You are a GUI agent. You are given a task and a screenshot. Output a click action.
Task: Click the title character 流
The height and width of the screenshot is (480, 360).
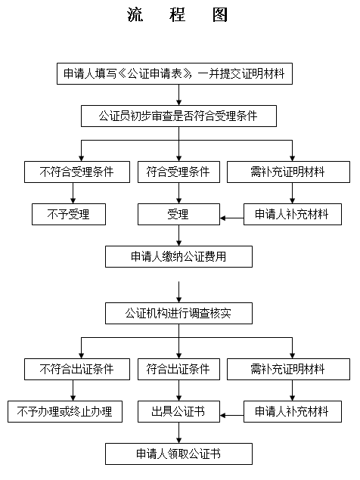tap(135, 14)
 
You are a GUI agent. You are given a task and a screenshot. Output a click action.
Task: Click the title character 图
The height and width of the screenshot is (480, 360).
tap(220, 14)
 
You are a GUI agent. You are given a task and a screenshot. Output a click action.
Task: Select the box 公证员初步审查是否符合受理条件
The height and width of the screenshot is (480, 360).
tap(178, 116)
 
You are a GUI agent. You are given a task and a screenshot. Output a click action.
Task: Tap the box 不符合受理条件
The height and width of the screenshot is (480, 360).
tap(77, 172)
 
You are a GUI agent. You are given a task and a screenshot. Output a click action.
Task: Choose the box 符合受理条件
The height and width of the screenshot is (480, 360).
tap(178, 172)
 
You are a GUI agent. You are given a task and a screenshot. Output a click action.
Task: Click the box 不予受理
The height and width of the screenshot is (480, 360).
tap(69, 214)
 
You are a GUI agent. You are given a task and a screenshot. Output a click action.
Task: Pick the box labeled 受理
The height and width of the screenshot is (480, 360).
tap(178, 214)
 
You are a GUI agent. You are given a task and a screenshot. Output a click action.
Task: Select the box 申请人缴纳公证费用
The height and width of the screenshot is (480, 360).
tap(178, 256)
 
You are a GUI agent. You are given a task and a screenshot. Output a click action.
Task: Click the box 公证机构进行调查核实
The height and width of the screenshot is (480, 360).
tap(178, 314)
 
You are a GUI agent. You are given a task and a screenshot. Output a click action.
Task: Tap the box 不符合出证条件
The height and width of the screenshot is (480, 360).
tap(77, 369)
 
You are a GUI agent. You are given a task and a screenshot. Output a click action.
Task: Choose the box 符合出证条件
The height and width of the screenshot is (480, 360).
tap(178, 369)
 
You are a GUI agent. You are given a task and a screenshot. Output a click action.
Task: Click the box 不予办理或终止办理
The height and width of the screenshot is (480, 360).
tap(65, 412)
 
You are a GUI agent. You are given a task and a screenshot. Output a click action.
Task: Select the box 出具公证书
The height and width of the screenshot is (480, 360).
tap(178, 412)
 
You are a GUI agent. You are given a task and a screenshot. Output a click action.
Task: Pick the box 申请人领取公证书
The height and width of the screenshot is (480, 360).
tap(178, 454)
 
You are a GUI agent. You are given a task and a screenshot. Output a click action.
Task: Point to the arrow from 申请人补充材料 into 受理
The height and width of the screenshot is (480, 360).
tap(232, 218)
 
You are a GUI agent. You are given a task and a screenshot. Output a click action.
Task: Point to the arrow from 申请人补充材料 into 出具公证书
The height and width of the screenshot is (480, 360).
tap(232, 416)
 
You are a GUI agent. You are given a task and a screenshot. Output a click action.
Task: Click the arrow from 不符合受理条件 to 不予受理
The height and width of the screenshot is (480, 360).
tap(73, 194)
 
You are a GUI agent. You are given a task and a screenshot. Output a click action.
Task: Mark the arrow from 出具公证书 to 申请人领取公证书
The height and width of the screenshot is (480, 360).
tap(179, 433)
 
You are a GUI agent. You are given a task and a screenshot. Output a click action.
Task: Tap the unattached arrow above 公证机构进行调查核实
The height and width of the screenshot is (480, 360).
tap(179, 292)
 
